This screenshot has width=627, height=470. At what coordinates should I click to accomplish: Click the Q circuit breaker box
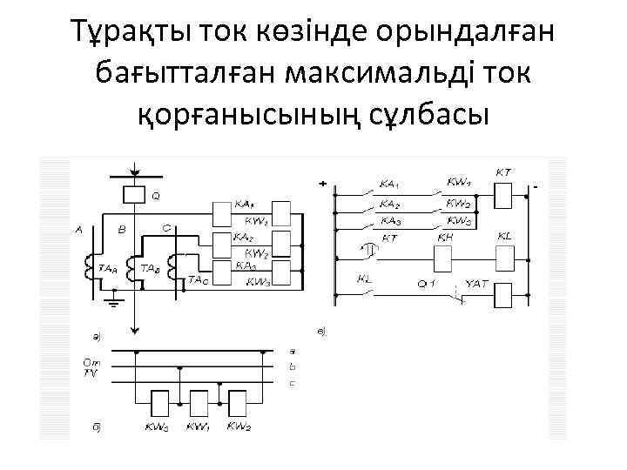coord(134,193)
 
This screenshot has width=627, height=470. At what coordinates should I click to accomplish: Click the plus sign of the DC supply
coord(322,185)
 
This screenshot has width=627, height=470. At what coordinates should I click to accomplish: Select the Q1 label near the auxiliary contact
coord(427,284)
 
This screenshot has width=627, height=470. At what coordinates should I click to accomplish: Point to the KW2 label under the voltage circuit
coord(239,427)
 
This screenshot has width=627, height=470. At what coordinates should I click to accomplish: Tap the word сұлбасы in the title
coord(426,113)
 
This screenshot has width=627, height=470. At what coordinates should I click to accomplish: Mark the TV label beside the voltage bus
coord(90,373)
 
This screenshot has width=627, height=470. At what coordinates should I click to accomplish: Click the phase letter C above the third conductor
coord(166,227)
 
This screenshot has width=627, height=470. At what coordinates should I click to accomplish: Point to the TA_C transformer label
coord(198,280)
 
